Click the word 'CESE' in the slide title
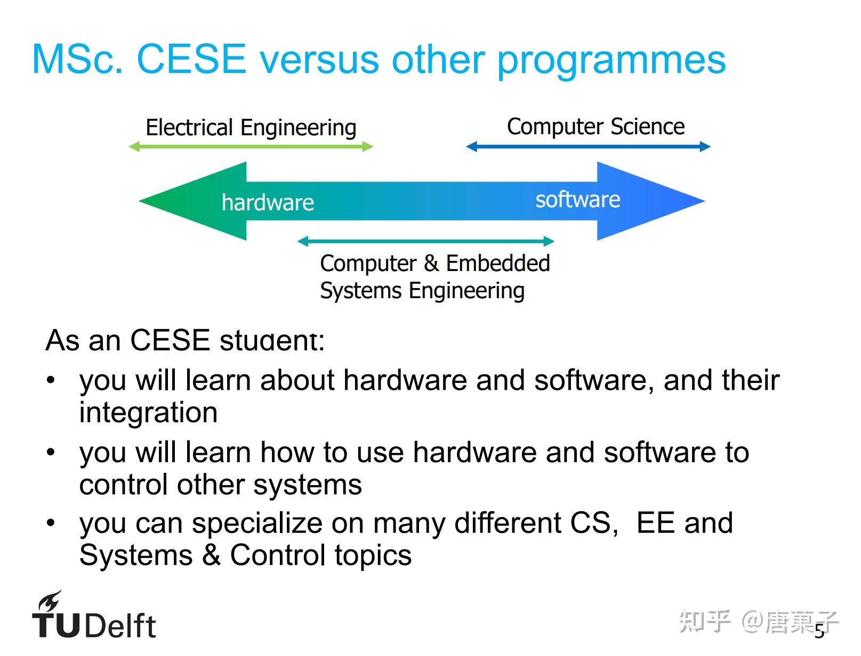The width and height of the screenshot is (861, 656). point(191,59)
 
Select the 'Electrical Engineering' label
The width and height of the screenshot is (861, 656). point(251,128)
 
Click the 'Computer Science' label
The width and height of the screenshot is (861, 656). point(596,127)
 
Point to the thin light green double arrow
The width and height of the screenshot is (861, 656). point(251,146)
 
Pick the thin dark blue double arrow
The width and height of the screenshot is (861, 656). point(588,146)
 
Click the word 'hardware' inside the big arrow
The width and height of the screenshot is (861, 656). point(268,202)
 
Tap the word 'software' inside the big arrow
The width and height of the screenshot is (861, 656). point(577,200)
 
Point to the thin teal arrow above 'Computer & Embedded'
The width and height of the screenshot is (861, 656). point(425,241)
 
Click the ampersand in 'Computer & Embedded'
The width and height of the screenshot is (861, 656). point(431,263)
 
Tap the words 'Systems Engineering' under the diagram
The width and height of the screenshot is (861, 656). point(422,291)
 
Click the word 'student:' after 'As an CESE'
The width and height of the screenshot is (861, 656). point(271,341)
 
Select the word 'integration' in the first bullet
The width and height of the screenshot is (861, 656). point(148,413)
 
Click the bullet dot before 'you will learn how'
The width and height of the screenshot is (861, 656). point(51,453)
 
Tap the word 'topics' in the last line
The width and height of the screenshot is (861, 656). point(373,555)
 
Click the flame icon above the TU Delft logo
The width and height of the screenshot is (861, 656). point(50,602)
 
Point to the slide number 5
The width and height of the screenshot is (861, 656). point(819,632)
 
